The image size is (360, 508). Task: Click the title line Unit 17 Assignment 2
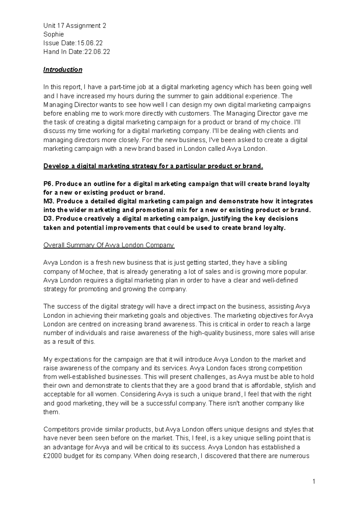74,26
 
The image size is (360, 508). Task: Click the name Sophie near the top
53,34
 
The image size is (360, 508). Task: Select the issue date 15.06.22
90,43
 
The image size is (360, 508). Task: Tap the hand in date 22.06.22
97,52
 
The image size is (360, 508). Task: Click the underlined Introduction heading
63,70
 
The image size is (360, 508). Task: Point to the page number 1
314,482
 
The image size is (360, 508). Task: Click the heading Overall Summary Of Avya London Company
109,245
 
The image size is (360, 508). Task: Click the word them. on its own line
52,412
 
